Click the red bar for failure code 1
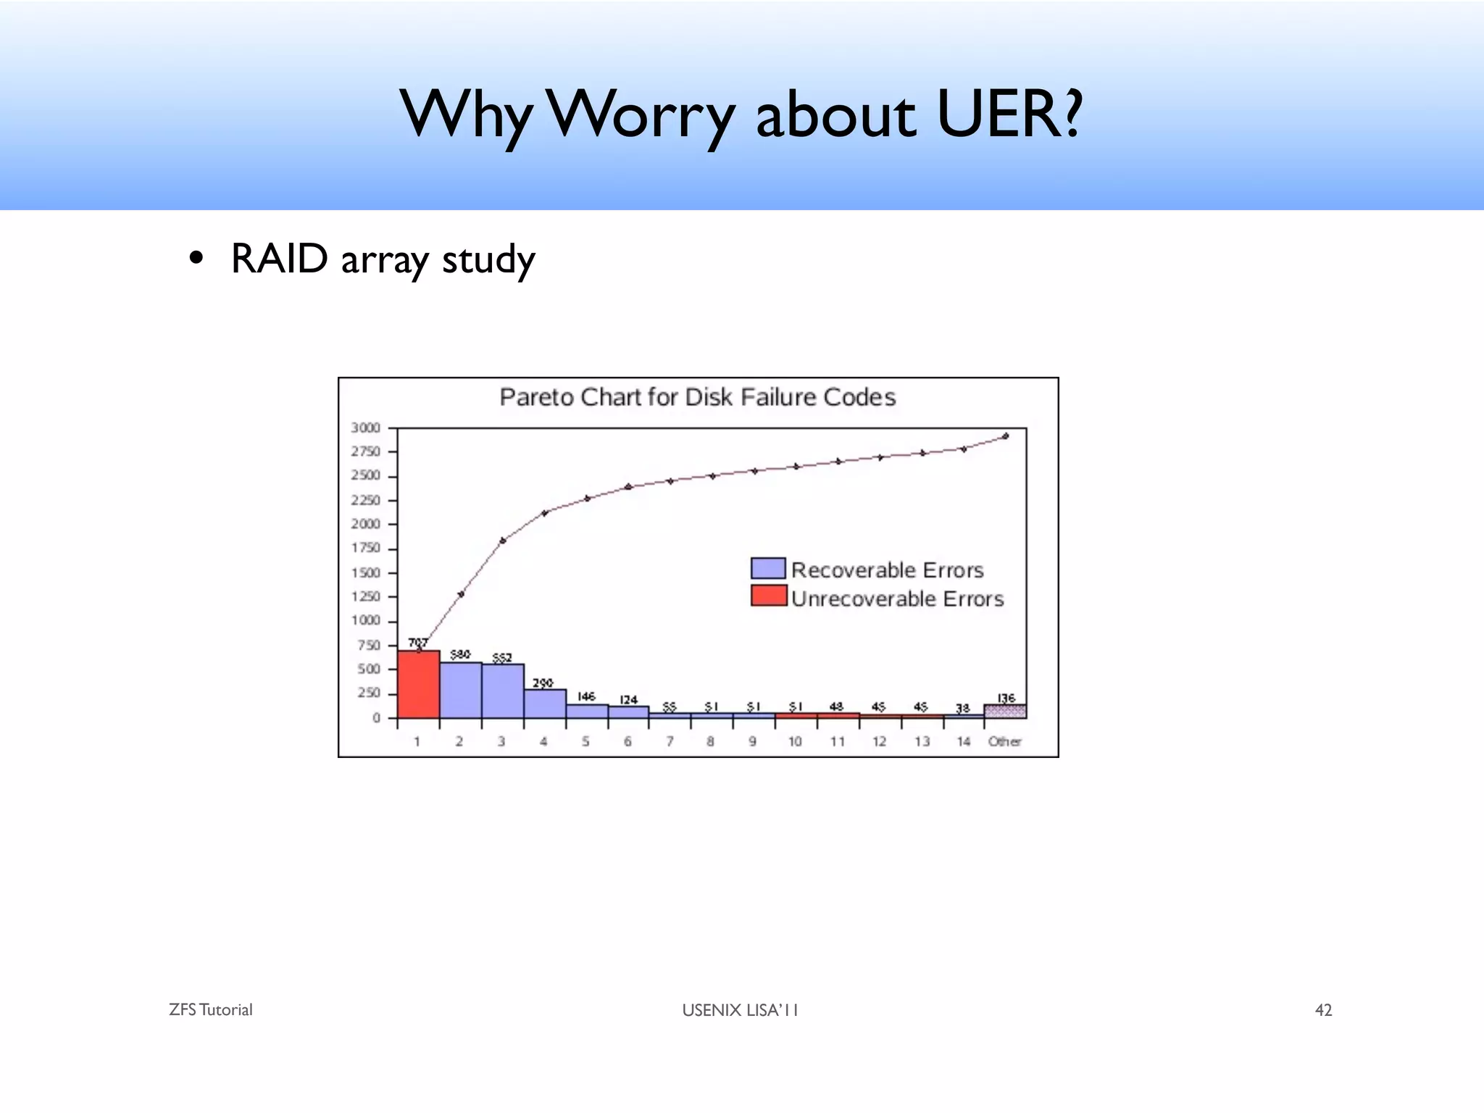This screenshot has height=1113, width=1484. click(418, 685)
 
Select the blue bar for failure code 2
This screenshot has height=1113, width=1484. click(460, 691)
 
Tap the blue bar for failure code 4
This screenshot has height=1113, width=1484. click(545, 704)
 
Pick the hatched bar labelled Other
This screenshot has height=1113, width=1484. click(1005, 711)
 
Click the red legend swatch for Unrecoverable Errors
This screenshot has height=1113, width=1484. click(769, 596)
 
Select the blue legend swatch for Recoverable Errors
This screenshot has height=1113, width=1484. click(769, 568)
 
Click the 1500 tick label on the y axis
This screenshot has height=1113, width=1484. click(365, 572)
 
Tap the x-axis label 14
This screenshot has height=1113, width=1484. click(963, 741)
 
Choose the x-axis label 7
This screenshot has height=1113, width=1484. click(670, 741)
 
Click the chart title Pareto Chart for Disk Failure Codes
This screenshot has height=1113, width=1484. click(697, 397)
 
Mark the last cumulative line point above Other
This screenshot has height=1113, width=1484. click(1005, 436)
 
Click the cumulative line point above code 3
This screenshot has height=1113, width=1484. click(503, 541)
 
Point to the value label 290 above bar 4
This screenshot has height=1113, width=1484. click(543, 683)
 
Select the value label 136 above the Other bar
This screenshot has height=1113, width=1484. click(1006, 698)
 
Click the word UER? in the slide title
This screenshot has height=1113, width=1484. click(1009, 114)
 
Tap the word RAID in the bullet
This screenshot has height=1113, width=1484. click(280, 259)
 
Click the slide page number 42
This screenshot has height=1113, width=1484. click(1323, 1010)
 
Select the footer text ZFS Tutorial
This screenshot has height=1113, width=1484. click(211, 1010)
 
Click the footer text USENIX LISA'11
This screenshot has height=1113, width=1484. click(740, 1010)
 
